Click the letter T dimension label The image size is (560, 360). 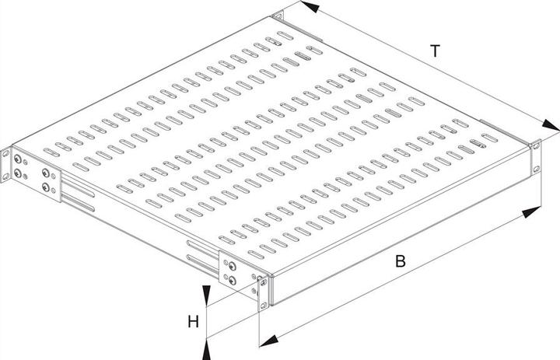click(x=435, y=51)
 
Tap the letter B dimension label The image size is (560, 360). click(x=401, y=261)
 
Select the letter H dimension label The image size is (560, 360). click(x=193, y=322)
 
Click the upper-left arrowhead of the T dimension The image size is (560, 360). click(x=310, y=6)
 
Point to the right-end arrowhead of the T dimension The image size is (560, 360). click(x=551, y=125)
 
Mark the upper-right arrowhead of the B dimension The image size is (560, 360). click(x=531, y=212)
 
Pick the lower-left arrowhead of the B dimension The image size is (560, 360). click(x=269, y=341)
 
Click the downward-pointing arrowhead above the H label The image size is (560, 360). click(x=206, y=295)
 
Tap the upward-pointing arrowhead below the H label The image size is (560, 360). click(x=206, y=349)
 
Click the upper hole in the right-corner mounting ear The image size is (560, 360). click(x=535, y=145)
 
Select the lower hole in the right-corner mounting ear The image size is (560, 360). click(x=536, y=169)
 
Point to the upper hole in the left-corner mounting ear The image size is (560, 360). click(x=5, y=154)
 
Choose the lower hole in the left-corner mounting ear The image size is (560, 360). click(x=5, y=176)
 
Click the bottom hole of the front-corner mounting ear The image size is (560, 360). click(x=264, y=305)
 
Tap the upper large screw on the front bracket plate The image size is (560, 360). click(x=232, y=266)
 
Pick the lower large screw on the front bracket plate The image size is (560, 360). click(x=233, y=281)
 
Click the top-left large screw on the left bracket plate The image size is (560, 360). click(x=17, y=159)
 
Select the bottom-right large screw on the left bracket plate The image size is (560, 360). click(x=46, y=187)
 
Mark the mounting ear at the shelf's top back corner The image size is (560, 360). click(x=277, y=16)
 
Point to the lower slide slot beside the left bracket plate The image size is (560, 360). click(x=79, y=204)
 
